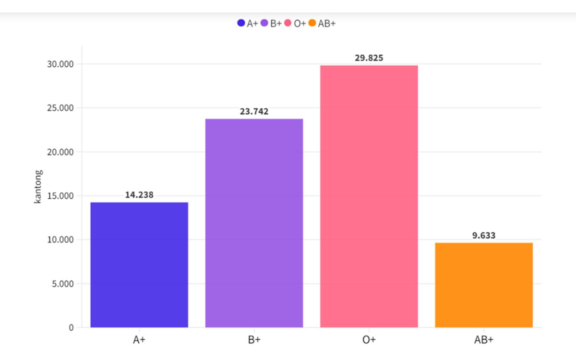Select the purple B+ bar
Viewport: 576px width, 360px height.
254,223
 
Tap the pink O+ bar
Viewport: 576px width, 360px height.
369,196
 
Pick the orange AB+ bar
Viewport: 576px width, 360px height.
484,285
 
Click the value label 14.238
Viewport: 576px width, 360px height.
139,195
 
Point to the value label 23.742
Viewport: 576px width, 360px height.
254,111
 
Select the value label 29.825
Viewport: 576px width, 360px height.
369,58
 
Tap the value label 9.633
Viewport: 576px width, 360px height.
484,235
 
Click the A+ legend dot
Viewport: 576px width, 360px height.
241,23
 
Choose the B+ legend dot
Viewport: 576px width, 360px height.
264,23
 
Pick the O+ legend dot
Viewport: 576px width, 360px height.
288,23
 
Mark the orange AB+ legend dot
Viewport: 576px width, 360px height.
312,23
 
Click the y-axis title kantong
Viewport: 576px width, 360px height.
38,187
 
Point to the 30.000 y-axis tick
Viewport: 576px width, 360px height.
60,64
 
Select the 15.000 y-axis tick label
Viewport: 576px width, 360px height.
60,196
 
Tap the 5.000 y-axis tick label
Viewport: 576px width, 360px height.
62,284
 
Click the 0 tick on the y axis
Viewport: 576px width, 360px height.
72,328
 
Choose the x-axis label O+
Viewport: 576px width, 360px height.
369,340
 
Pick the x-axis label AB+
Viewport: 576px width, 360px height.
484,340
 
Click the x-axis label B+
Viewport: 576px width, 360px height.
254,340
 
